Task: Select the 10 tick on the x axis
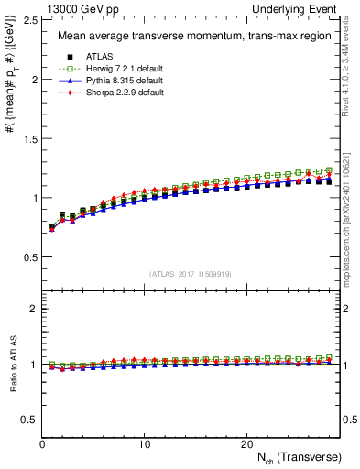click(144, 444)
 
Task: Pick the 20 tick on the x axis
click(246, 444)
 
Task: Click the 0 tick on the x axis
click(42, 444)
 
